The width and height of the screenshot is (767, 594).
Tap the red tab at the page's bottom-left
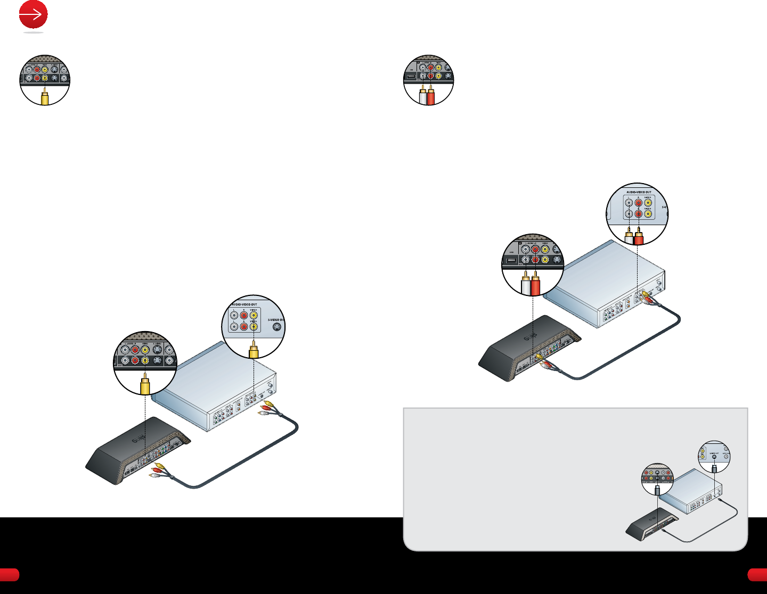point(9,574)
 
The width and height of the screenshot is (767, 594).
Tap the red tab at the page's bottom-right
point(757,574)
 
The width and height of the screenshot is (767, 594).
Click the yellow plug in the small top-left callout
point(45,97)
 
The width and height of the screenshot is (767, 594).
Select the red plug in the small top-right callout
point(431,96)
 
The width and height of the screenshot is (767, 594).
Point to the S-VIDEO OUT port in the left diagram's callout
point(276,327)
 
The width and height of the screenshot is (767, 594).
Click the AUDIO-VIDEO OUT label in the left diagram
point(244,304)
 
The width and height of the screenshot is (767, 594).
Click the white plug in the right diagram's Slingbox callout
point(526,284)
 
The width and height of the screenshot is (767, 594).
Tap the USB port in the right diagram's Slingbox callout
point(511,260)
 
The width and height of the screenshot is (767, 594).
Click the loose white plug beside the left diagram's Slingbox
point(154,476)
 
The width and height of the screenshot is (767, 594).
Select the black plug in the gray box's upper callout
point(715,468)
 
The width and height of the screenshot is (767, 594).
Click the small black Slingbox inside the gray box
point(651,524)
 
